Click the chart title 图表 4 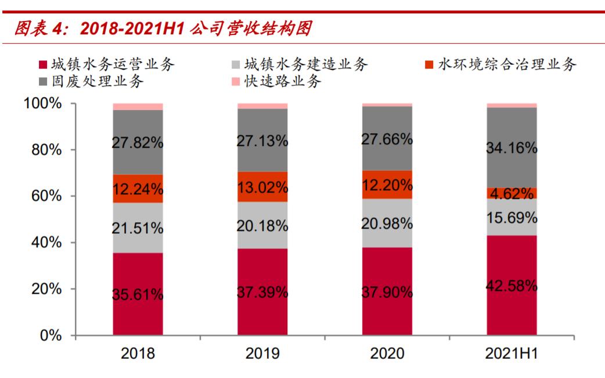pyautogui.click(x=157, y=28)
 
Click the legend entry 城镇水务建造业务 pyautogui.click(x=300, y=64)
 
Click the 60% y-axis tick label pyautogui.click(x=44, y=196)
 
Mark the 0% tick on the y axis pyautogui.click(x=49, y=336)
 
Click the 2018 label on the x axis pyautogui.click(x=138, y=353)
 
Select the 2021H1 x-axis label pyautogui.click(x=512, y=353)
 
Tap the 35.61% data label pyautogui.click(x=138, y=295)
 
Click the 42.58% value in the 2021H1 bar pyautogui.click(x=512, y=286)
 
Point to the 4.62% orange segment pyautogui.click(x=512, y=194)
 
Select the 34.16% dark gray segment pyautogui.click(x=512, y=148)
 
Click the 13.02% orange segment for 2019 pyautogui.click(x=262, y=187)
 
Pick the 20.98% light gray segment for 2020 pyautogui.click(x=387, y=223)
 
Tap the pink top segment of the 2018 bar pyautogui.click(x=138, y=106)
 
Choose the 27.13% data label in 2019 pyautogui.click(x=262, y=141)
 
